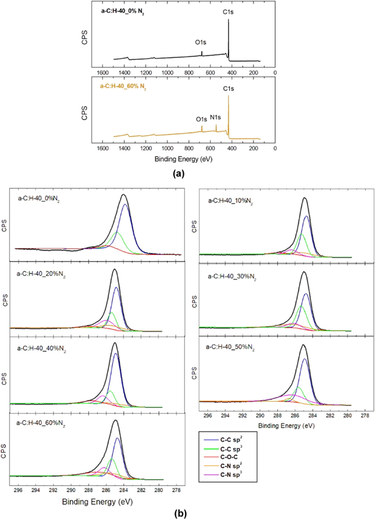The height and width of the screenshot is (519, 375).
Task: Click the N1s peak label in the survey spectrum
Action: pyautogui.click(x=216, y=117)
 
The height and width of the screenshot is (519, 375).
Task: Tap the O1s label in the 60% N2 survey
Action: pyautogui.click(x=201, y=119)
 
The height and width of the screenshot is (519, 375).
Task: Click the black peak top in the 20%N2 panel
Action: pyautogui.click(x=115, y=269)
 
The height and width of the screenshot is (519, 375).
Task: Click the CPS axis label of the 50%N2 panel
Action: pyautogui.click(x=194, y=375)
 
